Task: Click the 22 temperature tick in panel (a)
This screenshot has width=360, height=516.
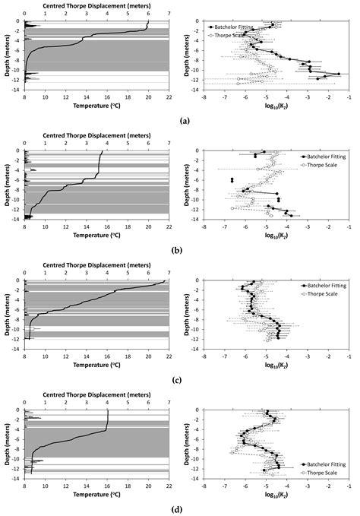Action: click(169, 97)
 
